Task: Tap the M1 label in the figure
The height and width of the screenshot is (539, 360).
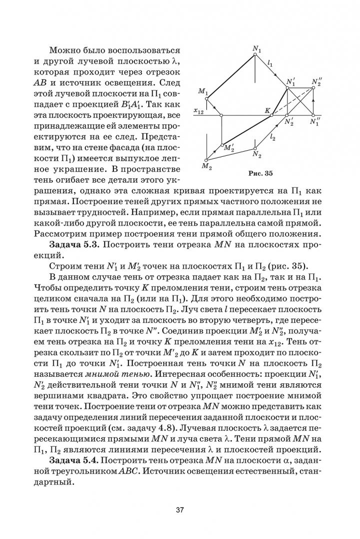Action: [203, 91]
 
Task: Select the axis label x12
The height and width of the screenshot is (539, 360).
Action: [198, 112]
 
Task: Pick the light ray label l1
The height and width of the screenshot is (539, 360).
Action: [270, 64]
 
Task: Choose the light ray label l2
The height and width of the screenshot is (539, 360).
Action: [272, 138]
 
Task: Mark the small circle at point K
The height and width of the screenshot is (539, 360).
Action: [272, 115]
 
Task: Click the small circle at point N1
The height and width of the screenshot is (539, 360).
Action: [256, 54]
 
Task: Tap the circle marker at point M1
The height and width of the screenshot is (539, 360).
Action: [207, 98]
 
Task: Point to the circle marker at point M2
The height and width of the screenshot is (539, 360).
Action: [207, 160]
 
